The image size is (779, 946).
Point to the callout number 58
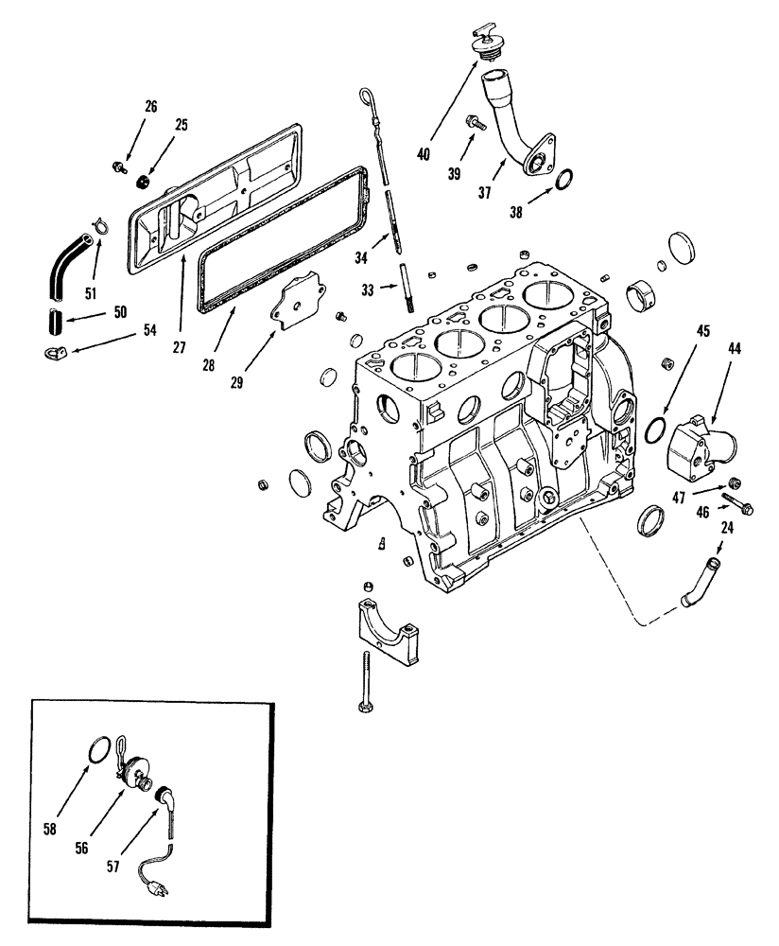coord(50,829)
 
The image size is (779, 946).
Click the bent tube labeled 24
coord(701,580)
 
